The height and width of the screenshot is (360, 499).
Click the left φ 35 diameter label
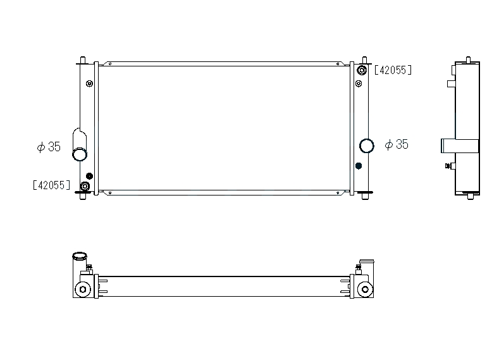[49, 147]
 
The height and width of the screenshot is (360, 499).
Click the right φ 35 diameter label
[397, 144]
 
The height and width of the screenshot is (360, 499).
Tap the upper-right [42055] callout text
[393, 70]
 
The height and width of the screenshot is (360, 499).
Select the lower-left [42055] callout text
[52, 185]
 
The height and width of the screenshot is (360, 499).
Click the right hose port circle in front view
[367, 146]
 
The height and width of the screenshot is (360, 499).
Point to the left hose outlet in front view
[80, 154]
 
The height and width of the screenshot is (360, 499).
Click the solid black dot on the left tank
[90, 176]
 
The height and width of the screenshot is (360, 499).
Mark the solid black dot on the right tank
[359, 166]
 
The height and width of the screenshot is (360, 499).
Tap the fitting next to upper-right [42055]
[362, 70]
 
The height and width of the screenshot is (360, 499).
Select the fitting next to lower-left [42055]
[85, 186]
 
